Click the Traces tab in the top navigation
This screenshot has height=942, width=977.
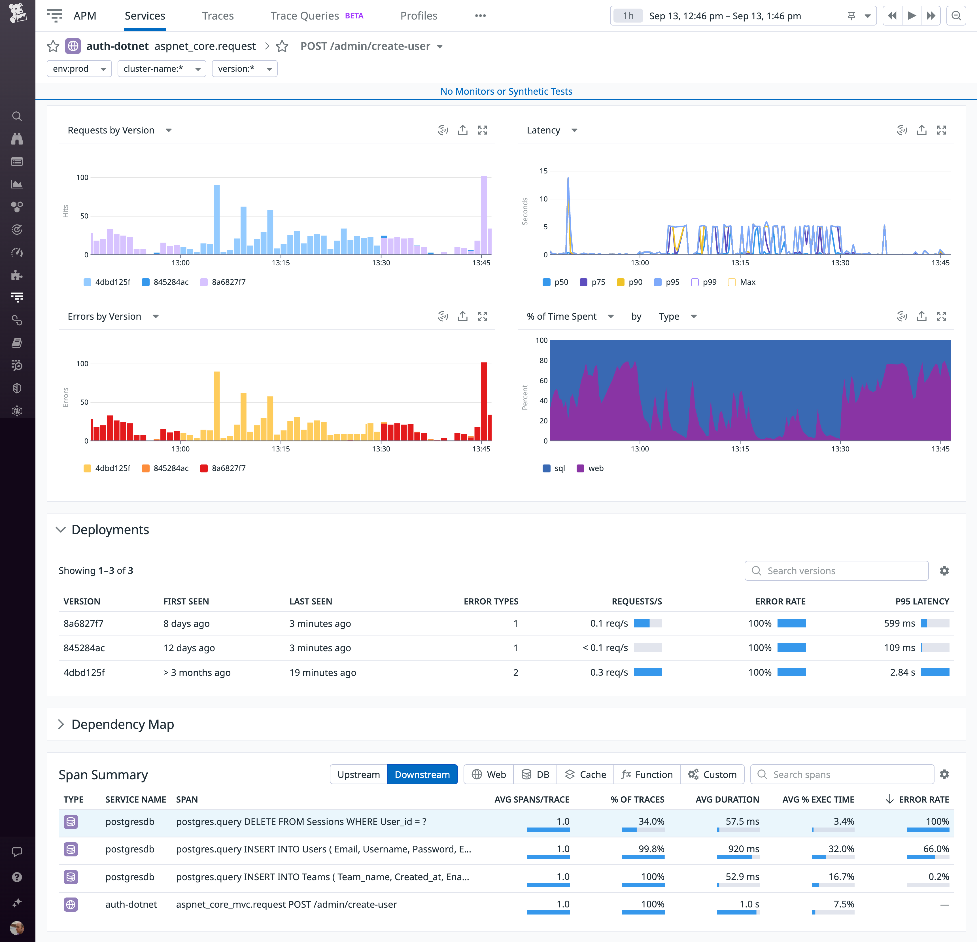pos(218,16)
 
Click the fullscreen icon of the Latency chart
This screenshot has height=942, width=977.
pos(941,130)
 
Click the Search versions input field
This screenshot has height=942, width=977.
pos(842,571)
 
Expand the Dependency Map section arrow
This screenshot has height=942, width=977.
pos(61,724)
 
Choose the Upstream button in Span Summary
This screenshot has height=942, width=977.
pos(358,775)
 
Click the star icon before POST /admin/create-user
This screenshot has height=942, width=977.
pos(282,46)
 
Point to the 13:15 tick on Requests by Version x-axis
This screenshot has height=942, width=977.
pos(281,263)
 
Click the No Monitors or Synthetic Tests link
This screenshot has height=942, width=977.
pos(506,91)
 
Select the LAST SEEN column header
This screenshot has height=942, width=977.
pos(311,602)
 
